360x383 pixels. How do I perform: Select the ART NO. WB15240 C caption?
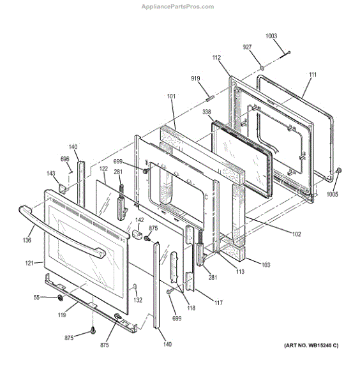pyautogui.click(x=310, y=345)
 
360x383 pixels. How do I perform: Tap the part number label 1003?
pyautogui.click(x=272, y=36)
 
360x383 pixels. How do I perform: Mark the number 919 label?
pyautogui.click(x=196, y=79)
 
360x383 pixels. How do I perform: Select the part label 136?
pyautogui.click(x=27, y=240)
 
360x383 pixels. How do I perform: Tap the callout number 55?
pyautogui.click(x=36, y=297)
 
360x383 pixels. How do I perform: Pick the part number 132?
pyautogui.click(x=137, y=299)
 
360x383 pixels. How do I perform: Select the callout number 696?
pyautogui.click(x=65, y=159)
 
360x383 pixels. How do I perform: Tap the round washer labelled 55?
pyautogui.click(x=59, y=298)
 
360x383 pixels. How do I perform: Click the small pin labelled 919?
pyautogui.click(x=209, y=96)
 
